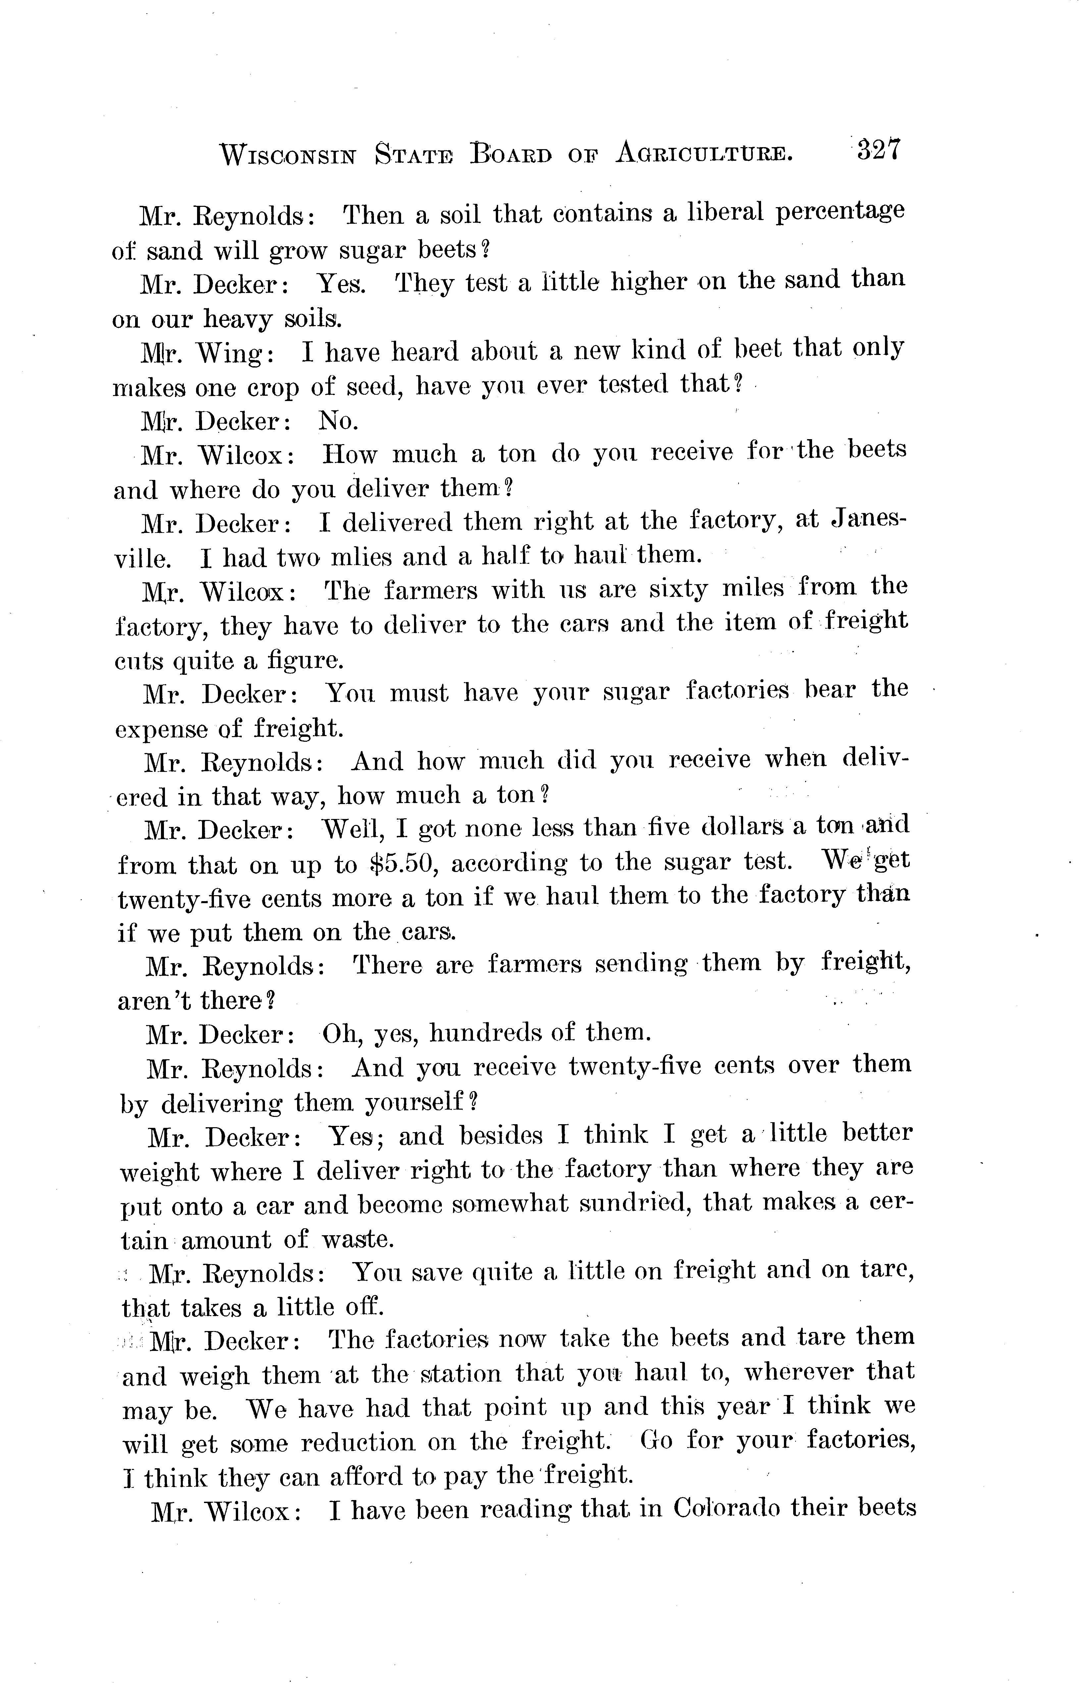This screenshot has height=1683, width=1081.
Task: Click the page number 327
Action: click(x=877, y=150)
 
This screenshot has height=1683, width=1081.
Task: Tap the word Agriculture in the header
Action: click(x=704, y=152)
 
